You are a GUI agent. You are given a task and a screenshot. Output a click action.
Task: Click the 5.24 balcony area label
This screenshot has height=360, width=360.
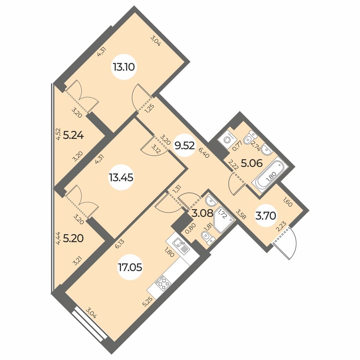pos(73,136)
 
